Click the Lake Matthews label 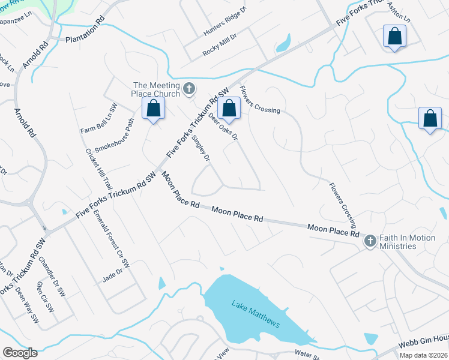tap(256, 313)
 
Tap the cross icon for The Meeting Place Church tap(189, 89)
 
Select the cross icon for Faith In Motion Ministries tap(370, 241)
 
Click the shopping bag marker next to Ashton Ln tap(395, 37)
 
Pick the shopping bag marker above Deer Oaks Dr tap(229, 109)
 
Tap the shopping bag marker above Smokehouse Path tap(154, 109)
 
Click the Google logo tap(20, 352)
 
